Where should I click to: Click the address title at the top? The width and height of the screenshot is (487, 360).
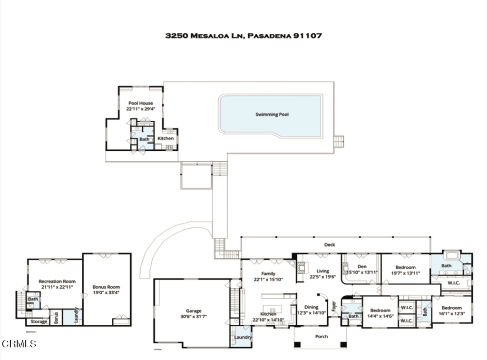click(x=243, y=36)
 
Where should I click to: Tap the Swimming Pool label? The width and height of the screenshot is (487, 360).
click(x=272, y=114)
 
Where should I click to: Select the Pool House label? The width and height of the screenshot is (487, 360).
click(x=140, y=103)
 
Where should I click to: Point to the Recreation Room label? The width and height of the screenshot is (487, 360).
click(x=57, y=282)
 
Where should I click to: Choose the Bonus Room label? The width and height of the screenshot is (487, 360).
click(x=106, y=287)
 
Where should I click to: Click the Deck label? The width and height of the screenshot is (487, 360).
click(x=330, y=244)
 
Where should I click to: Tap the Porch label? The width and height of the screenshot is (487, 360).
click(x=321, y=337)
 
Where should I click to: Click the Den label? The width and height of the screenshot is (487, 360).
click(x=362, y=266)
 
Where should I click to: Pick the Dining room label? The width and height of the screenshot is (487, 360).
click(x=312, y=307)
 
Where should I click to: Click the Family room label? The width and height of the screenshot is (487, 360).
click(x=268, y=273)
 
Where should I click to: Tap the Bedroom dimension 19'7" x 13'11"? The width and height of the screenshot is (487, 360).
click(x=405, y=273)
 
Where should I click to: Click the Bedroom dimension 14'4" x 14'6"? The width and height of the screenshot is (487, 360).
click(x=380, y=316)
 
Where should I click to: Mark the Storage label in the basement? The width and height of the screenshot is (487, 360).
click(x=39, y=321)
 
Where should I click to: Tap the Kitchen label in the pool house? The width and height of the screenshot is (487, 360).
click(x=166, y=138)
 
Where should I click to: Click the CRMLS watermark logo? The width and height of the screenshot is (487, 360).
click(x=19, y=343)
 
